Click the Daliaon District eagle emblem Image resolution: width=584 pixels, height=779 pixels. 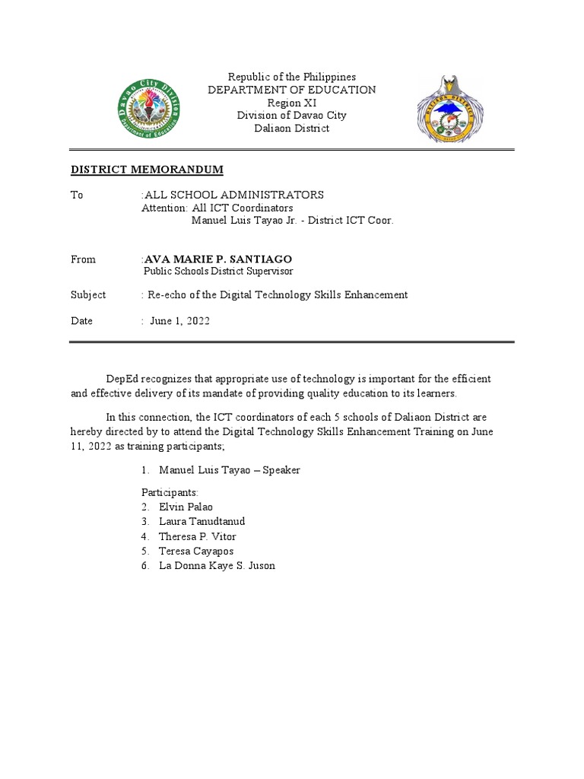point(449,109)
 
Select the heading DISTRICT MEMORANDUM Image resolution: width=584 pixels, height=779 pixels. point(147,170)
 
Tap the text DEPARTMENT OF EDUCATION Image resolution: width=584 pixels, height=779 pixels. point(292,90)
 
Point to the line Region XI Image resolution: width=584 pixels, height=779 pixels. point(292,103)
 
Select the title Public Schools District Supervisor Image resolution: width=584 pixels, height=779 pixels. point(218,272)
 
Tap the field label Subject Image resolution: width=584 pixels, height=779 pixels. point(88,295)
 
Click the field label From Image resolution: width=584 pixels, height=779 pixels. point(84,259)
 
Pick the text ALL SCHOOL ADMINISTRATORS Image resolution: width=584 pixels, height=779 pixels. point(234,196)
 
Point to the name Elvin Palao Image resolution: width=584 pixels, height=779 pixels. point(186,507)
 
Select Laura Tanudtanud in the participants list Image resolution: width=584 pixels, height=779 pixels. point(202,522)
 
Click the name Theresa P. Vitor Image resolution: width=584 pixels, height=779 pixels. point(197,536)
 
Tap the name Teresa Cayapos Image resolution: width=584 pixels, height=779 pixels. point(196,551)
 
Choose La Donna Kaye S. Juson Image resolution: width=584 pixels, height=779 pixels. point(217,566)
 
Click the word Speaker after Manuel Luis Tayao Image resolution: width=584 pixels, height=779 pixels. point(281,470)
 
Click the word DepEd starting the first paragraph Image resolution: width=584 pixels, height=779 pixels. point(122,379)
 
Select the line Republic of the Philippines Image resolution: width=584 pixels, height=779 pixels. point(292,78)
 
